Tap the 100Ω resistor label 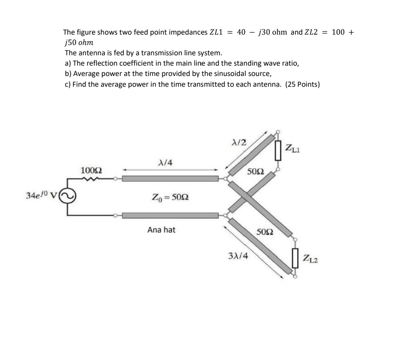click(91, 171)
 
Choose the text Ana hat click(161, 230)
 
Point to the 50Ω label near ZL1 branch click(255, 172)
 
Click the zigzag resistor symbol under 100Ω click(91, 179)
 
